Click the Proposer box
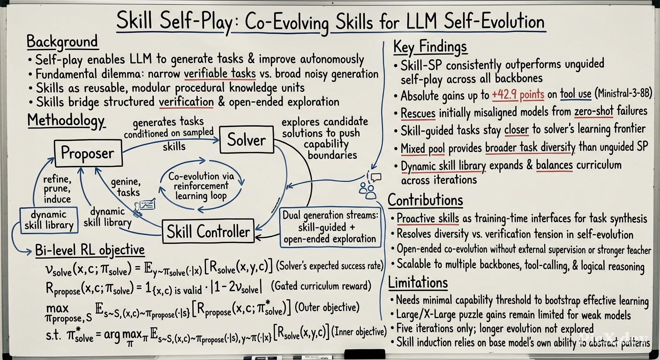[89, 153]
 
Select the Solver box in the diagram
[246, 140]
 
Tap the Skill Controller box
[208, 231]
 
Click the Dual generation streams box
[330, 227]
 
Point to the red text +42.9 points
[518, 95]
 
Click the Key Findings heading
[430, 47]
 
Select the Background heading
[62, 42]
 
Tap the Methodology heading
[66, 121]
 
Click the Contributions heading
[425, 200]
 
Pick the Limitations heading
[418, 282]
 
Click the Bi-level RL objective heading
[90, 250]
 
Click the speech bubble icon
[376, 177]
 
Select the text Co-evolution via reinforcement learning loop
[201, 186]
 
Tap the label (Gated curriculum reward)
[321, 285]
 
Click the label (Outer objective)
[327, 307]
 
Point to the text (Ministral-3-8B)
[623, 94]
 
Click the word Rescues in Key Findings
[418, 113]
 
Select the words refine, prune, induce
[57, 189]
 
